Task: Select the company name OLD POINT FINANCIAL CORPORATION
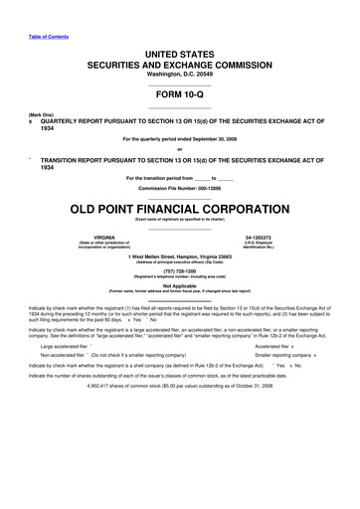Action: point(179,210)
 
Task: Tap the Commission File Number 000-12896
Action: point(179,187)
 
